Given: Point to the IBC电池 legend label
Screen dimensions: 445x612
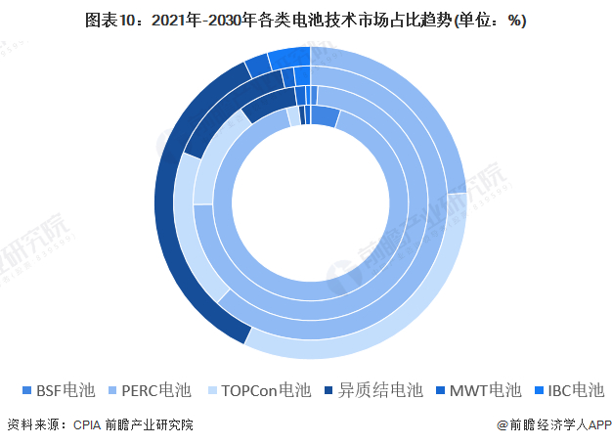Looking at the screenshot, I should click(x=576, y=390).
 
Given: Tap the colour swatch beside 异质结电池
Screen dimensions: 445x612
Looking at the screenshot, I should click(x=328, y=390).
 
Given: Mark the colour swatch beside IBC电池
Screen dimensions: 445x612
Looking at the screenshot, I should click(x=540, y=390).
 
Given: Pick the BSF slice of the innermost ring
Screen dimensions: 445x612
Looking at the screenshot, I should click(x=324, y=115).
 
